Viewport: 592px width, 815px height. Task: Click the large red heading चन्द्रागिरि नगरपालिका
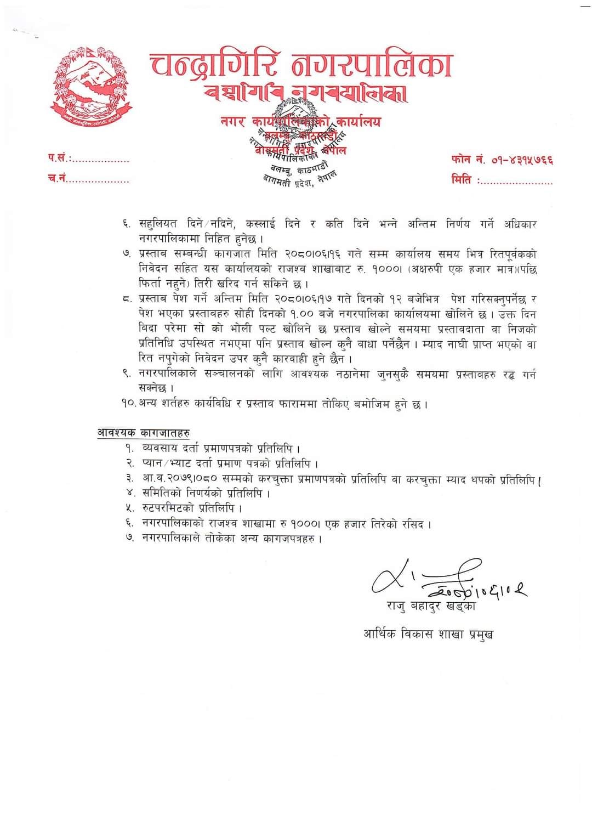[301, 65]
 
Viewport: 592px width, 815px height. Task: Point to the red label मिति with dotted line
[502, 180]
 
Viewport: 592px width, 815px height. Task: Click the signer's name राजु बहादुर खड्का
[430, 606]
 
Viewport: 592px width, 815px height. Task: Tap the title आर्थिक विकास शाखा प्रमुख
[428, 635]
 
